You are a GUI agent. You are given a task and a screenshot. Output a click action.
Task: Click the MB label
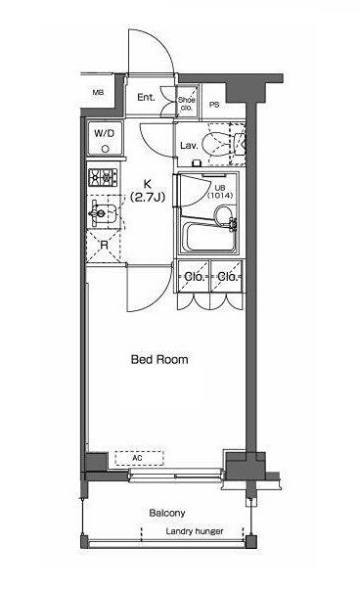98,92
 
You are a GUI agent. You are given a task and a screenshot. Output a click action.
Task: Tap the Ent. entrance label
146,98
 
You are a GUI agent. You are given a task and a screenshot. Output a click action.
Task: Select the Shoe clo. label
187,104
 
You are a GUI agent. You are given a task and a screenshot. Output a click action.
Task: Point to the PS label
214,105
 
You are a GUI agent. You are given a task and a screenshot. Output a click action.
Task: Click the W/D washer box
105,138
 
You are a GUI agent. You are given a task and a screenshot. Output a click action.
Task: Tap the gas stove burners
103,177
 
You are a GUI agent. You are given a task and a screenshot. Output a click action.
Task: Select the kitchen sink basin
106,214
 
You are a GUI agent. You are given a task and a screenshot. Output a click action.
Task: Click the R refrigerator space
104,246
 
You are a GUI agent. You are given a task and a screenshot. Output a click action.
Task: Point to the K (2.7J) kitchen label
148,191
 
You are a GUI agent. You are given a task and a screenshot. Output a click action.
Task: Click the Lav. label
189,146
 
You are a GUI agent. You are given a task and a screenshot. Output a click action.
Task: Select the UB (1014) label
220,192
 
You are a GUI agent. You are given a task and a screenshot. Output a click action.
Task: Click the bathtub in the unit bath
209,237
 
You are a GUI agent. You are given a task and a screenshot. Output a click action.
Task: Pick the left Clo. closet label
194,277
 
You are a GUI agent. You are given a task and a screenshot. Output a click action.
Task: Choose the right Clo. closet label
227,277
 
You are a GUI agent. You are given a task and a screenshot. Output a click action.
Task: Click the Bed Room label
159,359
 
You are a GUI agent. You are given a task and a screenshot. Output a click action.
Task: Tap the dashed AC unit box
140,458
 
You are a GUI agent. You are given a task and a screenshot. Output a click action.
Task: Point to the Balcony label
167,513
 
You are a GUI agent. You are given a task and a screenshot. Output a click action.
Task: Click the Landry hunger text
195,531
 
